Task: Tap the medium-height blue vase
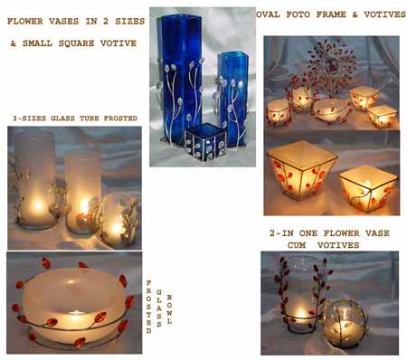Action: [232, 95]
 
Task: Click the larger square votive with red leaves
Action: [301, 168]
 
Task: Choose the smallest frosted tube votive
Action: [120, 220]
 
